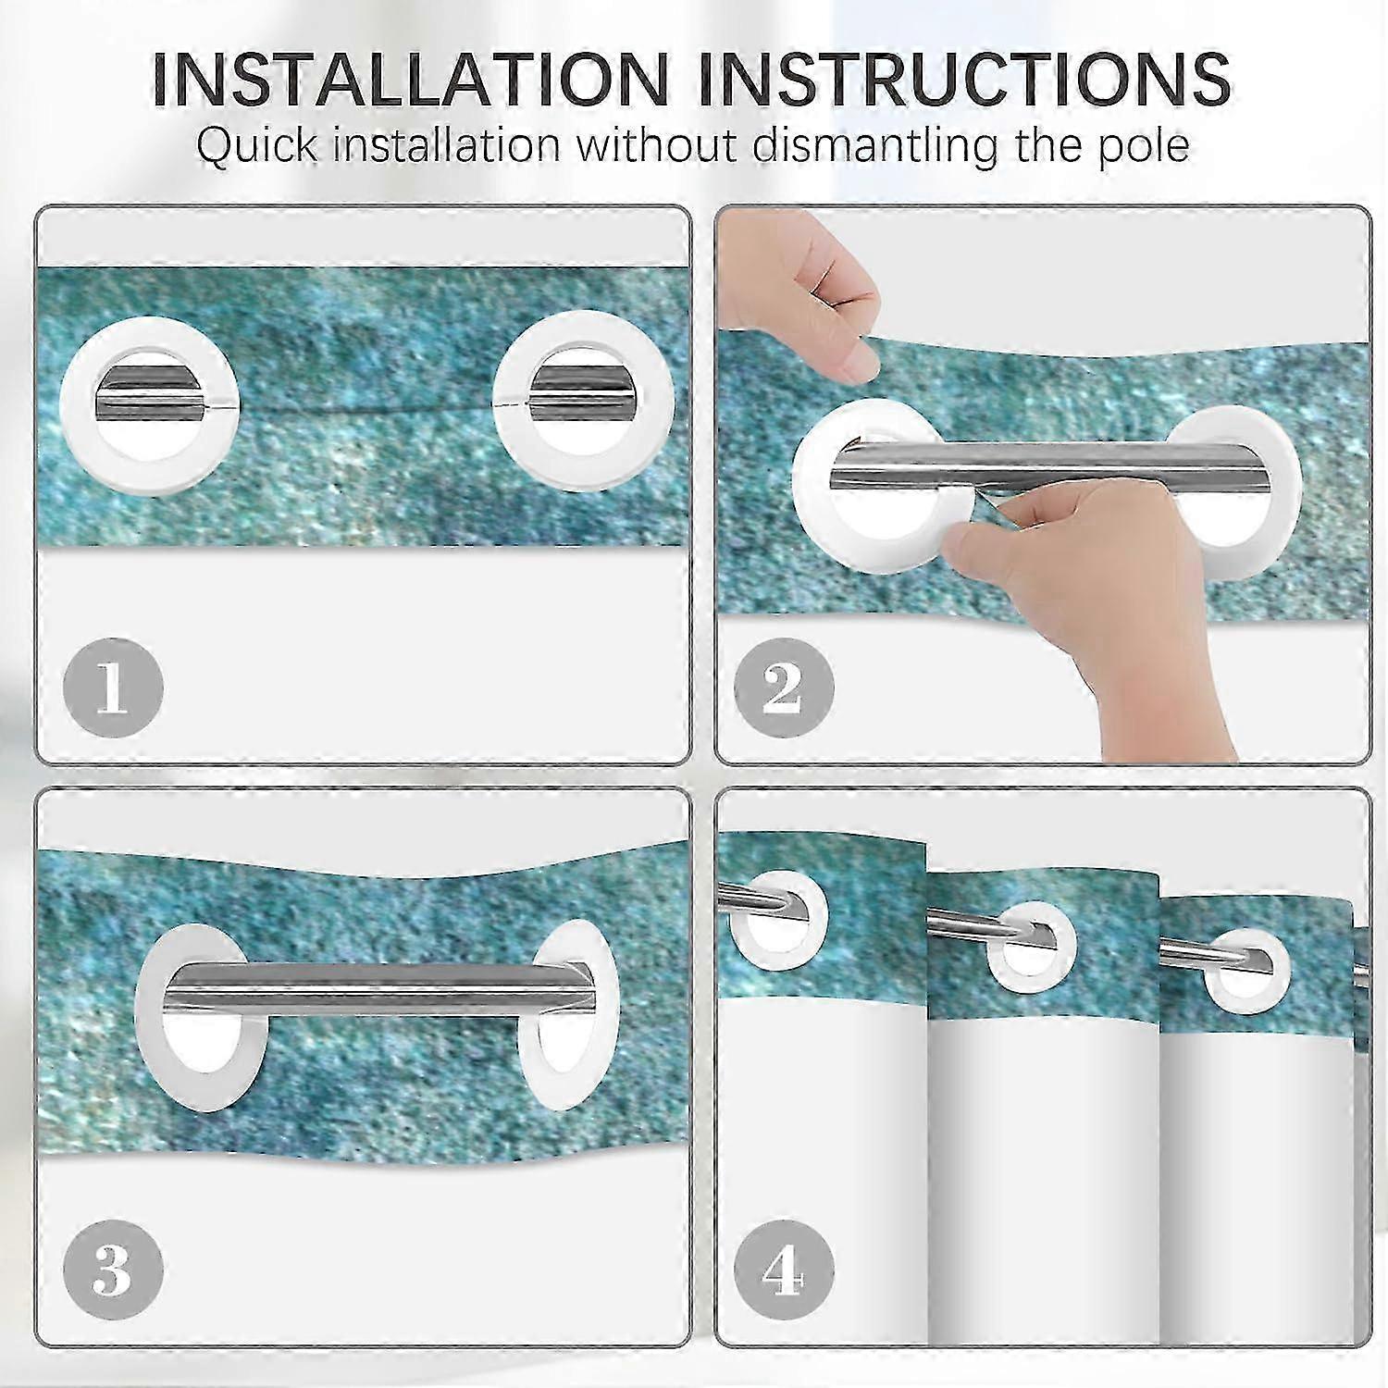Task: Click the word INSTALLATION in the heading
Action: pyautogui.click(x=409, y=79)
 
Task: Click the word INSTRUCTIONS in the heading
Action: pyautogui.click(x=964, y=79)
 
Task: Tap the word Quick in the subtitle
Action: pyautogui.click(x=259, y=147)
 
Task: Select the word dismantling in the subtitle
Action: pyautogui.click(x=877, y=145)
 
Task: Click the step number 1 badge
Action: pyautogui.click(x=113, y=688)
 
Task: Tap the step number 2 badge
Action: pyautogui.click(x=784, y=688)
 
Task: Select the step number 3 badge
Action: pyautogui.click(x=113, y=1271)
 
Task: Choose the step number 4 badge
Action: pyautogui.click(x=784, y=1271)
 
